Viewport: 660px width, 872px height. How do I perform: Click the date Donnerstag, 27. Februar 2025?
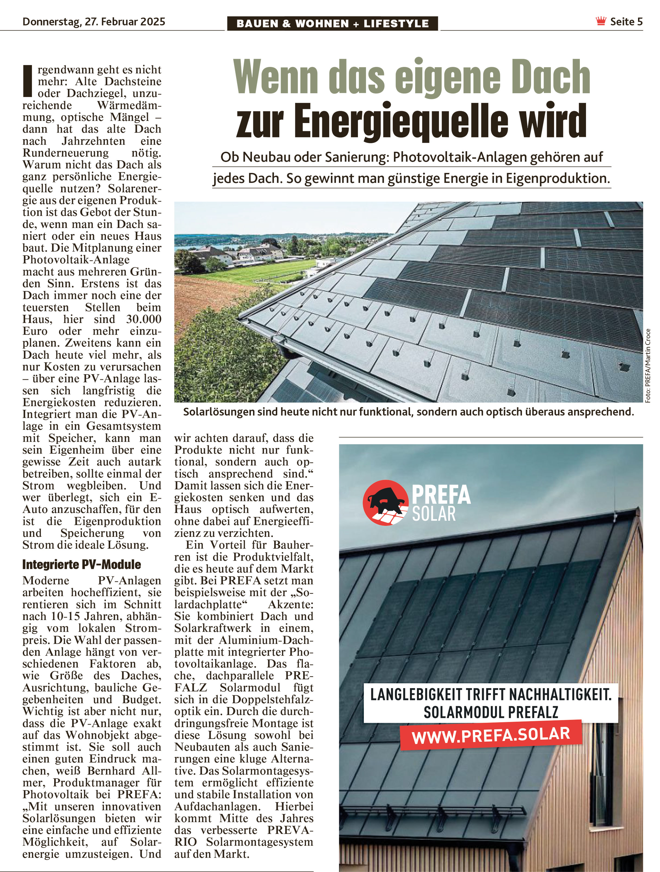(94, 21)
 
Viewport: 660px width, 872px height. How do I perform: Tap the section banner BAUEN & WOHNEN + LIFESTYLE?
(332, 23)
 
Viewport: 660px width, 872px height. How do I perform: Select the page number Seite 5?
(626, 22)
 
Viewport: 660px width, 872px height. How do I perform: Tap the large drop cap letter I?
(28, 81)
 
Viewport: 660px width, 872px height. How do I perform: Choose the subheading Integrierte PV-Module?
(82, 564)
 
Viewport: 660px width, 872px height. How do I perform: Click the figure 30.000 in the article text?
(144, 319)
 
